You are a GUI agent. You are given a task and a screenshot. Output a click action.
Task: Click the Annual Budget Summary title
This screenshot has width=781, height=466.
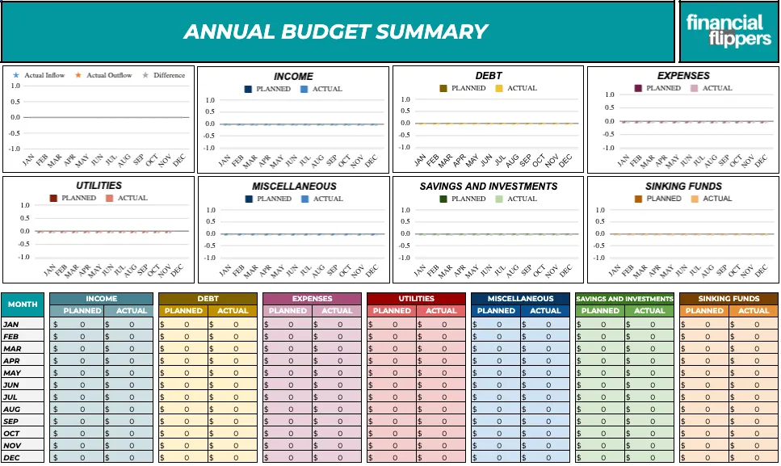pos(336,31)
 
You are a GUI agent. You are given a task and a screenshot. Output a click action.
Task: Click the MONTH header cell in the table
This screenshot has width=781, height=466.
pos(22,304)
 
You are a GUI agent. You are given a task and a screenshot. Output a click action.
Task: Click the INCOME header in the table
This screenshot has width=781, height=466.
pos(101,299)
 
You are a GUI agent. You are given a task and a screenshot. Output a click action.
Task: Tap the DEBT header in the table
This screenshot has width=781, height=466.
pos(208,299)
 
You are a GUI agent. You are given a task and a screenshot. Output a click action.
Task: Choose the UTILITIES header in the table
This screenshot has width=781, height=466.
pos(416,299)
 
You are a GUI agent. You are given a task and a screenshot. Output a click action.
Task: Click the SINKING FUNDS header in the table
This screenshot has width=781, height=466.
pos(729,299)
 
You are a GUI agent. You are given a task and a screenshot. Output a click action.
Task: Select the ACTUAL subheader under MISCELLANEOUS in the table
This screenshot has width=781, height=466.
pos(545,311)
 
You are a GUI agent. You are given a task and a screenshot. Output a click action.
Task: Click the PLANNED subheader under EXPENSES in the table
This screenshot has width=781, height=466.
pos(288,311)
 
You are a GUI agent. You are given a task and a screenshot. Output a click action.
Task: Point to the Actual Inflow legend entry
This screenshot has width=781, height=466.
pos(40,76)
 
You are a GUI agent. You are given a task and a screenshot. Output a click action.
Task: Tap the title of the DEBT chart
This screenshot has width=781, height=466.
pos(488,76)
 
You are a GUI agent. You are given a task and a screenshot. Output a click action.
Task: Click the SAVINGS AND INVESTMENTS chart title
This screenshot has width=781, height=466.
pos(488,186)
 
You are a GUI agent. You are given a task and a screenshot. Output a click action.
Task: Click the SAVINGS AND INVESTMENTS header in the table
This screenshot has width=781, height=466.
pos(624,299)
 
